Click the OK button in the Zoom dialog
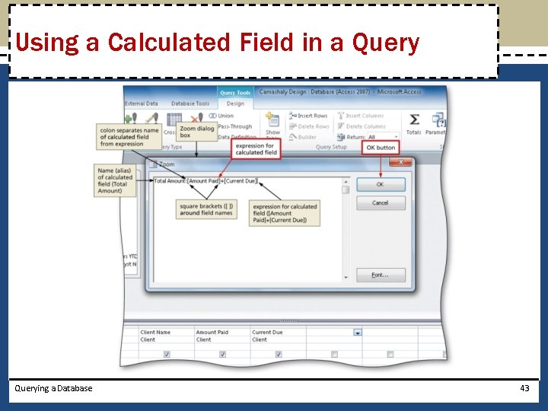380,185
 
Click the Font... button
380,275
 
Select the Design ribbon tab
235,104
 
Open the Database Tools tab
190,104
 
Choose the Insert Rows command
308,116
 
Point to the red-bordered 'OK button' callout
381,148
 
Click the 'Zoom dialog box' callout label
196,132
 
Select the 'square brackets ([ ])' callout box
206,209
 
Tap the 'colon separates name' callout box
129,137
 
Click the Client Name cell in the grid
156,333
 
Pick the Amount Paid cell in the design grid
212,333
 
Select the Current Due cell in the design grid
267,333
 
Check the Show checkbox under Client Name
167,354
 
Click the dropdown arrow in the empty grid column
357,333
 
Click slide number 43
524,388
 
